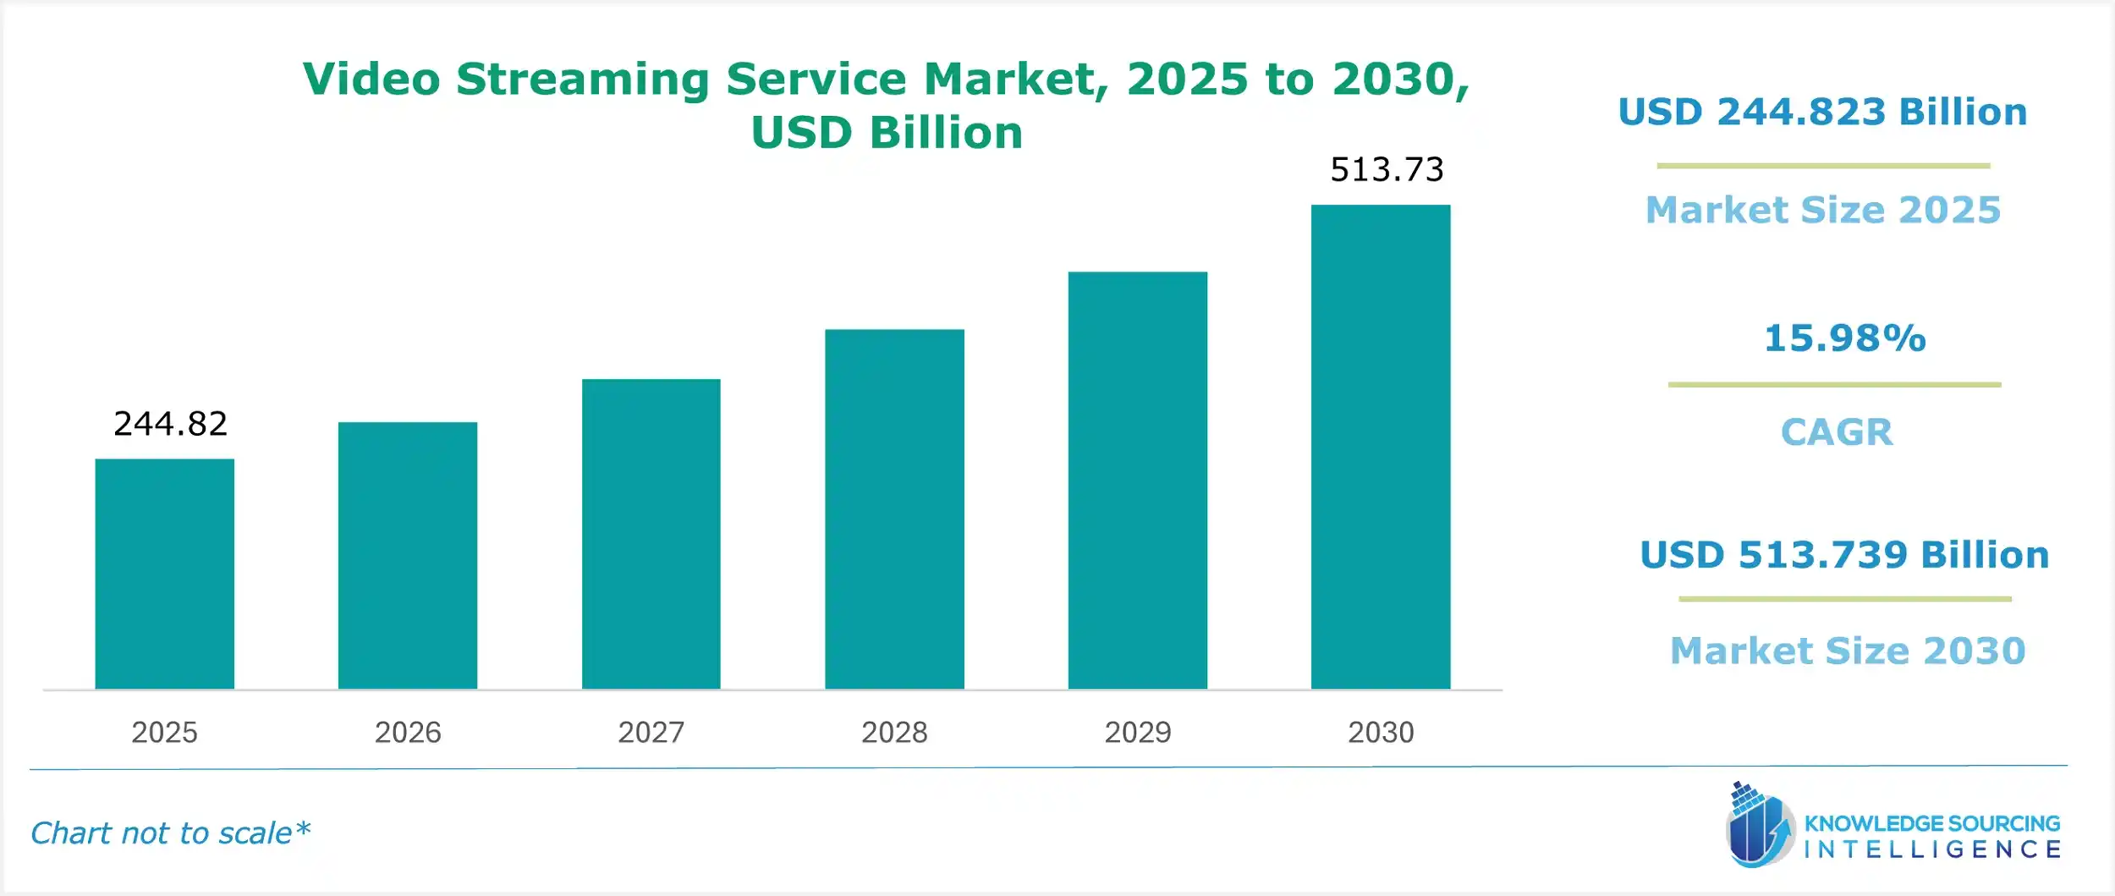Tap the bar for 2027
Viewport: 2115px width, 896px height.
coord(651,534)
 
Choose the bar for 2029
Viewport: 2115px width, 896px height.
coord(1137,480)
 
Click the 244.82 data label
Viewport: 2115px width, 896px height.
coord(170,424)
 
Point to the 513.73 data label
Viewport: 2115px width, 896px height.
coord(1387,170)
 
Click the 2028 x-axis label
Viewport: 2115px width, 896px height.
coord(894,732)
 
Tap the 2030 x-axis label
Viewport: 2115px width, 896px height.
coord(1380,732)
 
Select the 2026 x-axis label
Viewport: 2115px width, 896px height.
coord(407,732)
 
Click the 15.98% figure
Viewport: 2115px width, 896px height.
coord(1844,338)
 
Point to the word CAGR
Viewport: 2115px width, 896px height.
coord(1836,432)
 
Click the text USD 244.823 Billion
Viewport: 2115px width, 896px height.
coord(1822,112)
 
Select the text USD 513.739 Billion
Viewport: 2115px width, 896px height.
coord(1844,555)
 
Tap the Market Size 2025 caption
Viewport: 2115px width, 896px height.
coord(1822,210)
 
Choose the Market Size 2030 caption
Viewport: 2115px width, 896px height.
coord(1848,651)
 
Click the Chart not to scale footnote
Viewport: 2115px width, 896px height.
coord(170,833)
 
